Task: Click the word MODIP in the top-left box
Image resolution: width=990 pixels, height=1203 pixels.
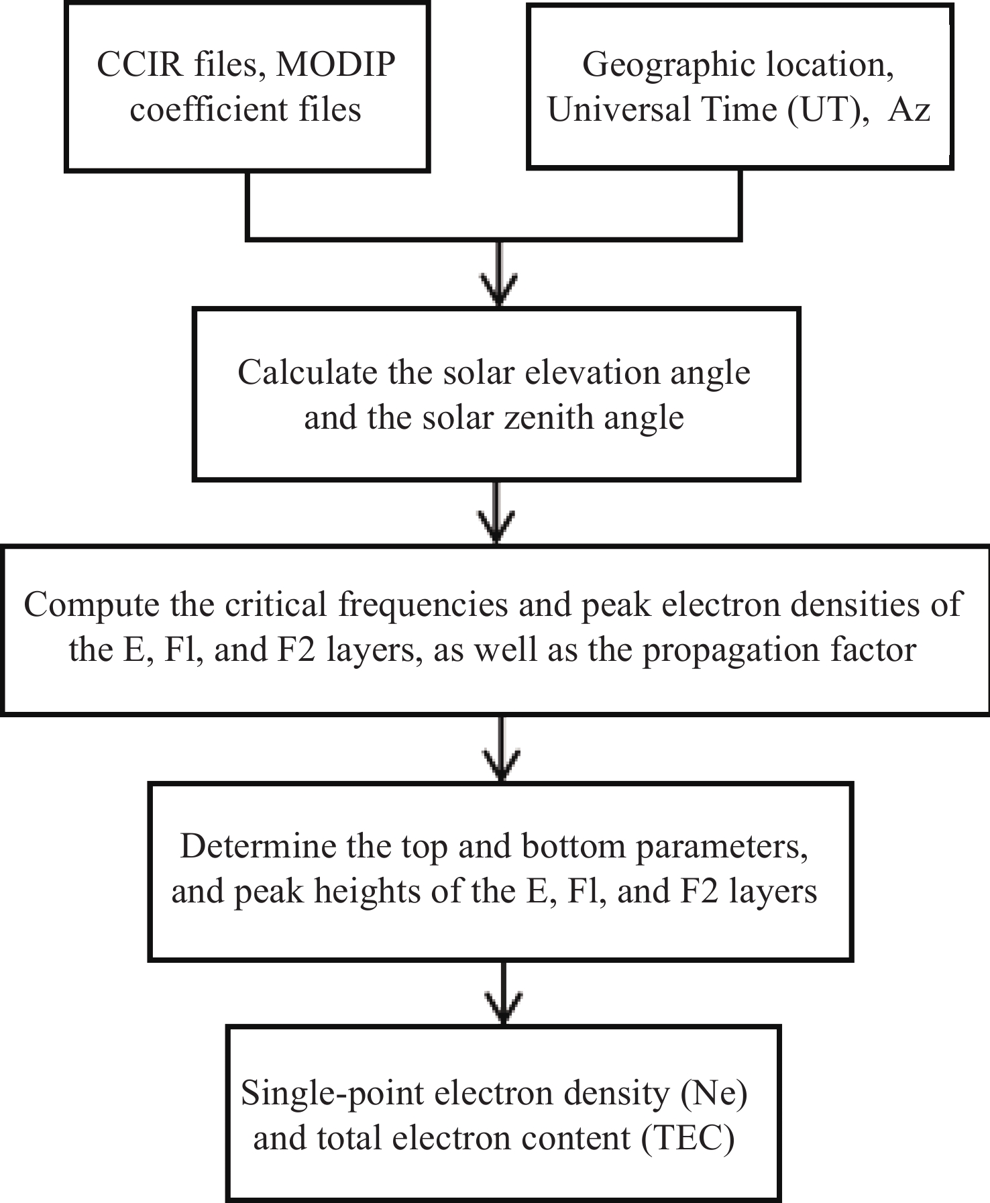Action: [x=337, y=65]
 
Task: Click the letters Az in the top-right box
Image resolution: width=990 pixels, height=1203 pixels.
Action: [x=910, y=110]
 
